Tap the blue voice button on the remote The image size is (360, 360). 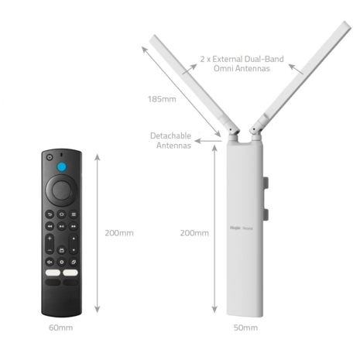pyautogui.click(x=61, y=166)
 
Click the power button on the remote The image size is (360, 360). pyautogui.click(x=50, y=157)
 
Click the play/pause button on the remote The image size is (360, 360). pyautogui.click(x=61, y=226)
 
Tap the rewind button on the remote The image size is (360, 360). pyautogui.click(x=50, y=226)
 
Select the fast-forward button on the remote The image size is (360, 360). pyautogui.click(x=74, y=226)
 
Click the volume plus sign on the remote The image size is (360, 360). pyautogui.click(x=50, y=238)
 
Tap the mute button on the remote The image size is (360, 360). pyautogui.click(x=50, y=262)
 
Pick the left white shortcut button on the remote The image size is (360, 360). pyautogui.click(x=53, y=273)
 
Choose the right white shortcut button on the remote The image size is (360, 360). pyautogui.click(x=70, y=273)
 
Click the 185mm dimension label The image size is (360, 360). pyautogui.click(x=162, y=99)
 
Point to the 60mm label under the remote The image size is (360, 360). pyautogui.click(x=61, y=327)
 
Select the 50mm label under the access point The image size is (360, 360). pyautogui.click(x=245, y=327)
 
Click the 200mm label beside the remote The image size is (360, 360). pyautogui.click(x=119, y=233)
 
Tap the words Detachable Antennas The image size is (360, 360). pyautogui.click(x=171, y=141)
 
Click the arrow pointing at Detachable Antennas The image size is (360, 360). pyautogui.click(x=208, y=141)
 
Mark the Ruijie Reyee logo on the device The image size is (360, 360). pyautogui.click(x=242, y=228)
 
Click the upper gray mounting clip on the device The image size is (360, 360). pyautogui.click(x=266, y=183)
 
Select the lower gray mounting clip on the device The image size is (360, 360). pyautogui.click(x=266, y=214)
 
